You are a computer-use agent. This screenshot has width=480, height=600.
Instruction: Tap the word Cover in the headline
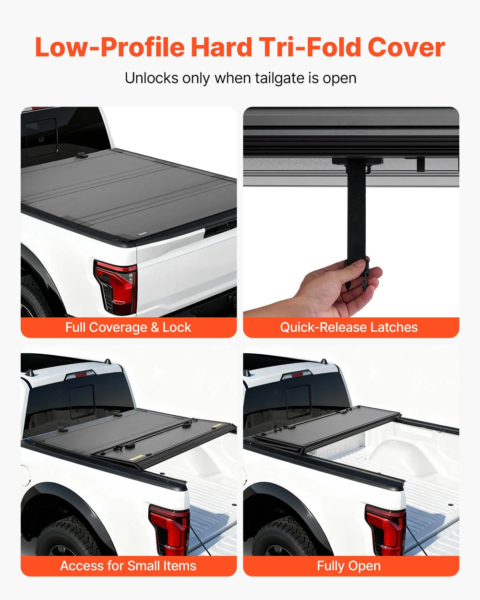(x=406, y=48)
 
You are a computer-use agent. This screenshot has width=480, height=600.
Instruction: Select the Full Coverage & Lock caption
(x=128, y=327)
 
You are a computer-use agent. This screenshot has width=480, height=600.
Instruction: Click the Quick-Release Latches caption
(x=349, y=327)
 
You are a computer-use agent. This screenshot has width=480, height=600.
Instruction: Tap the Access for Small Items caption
(x=128, y=566)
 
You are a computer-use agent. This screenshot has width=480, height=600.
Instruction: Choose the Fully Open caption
(x=349, y=566)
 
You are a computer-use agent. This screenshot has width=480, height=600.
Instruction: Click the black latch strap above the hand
(x=356, y=211)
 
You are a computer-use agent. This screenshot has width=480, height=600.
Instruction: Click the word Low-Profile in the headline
(x=109, y=48)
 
